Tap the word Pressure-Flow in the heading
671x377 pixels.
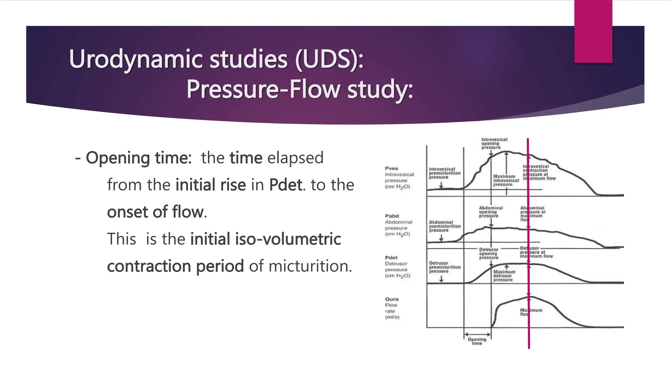tap(264, 89)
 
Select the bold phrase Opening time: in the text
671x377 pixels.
tap(138, 158)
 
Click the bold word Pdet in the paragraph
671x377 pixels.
tap(285, 185)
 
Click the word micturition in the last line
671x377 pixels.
tap(310, 266)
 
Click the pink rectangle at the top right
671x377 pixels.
tap(593, 31)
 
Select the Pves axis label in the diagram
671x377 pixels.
tap(392, 168)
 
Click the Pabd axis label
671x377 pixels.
tap(392, 216)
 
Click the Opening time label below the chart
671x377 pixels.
tap(477, 341)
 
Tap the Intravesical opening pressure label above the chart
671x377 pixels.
tap(494, 143)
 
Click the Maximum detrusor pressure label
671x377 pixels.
tap(504, 276)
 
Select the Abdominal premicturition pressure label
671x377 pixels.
tap(444, 226)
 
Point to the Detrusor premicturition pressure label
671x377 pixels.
tap(444, 267)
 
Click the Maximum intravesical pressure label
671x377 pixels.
tap(506, 180)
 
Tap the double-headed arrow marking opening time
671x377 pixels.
tap(477, 334)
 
